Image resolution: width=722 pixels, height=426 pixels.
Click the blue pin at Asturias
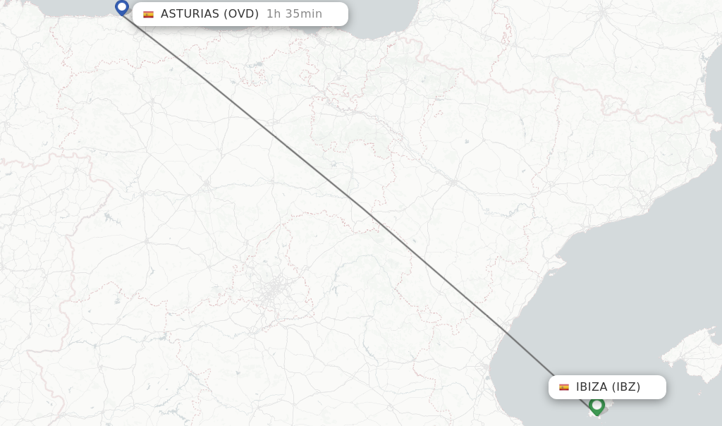tap(122, 8)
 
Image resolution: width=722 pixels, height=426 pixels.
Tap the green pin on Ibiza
tap(597, 406)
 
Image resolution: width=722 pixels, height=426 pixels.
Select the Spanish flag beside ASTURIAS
tap(148, 14)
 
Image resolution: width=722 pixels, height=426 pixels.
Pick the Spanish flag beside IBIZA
tap(564, 387)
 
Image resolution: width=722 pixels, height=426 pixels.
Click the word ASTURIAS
tap(189, 14)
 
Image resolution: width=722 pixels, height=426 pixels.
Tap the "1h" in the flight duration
tap(274, 14)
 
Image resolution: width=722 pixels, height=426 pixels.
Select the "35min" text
tap(302, 14)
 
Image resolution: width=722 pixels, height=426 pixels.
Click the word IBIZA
tap(591, 387)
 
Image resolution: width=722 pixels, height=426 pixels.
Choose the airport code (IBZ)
tap(625, 387)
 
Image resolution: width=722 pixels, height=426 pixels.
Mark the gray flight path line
tap(353, 201)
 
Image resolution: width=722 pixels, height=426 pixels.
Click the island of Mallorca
tap(695, 353)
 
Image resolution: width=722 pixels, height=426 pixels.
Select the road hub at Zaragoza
tap(453, 181)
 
